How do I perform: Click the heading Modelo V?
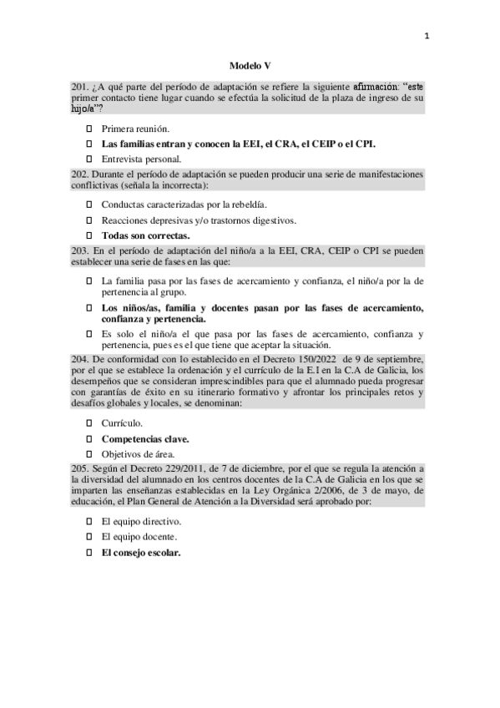[250, 64]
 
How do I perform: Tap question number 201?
[81, 86]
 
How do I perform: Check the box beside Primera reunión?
[90, 129]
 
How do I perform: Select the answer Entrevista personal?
[141, 158]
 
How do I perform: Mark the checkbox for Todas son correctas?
[90, 236]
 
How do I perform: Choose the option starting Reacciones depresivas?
[199, 220]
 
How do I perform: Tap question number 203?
[81, 250]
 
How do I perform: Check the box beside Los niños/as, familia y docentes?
[90, 308]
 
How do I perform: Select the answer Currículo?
[122, 423]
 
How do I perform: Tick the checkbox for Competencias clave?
[90, 438]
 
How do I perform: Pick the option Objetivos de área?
[138, 453]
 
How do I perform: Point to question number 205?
[81, 468]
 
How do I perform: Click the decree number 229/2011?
[183, 468]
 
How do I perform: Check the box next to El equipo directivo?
[90, 521]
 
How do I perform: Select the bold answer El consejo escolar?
[141, 552]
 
